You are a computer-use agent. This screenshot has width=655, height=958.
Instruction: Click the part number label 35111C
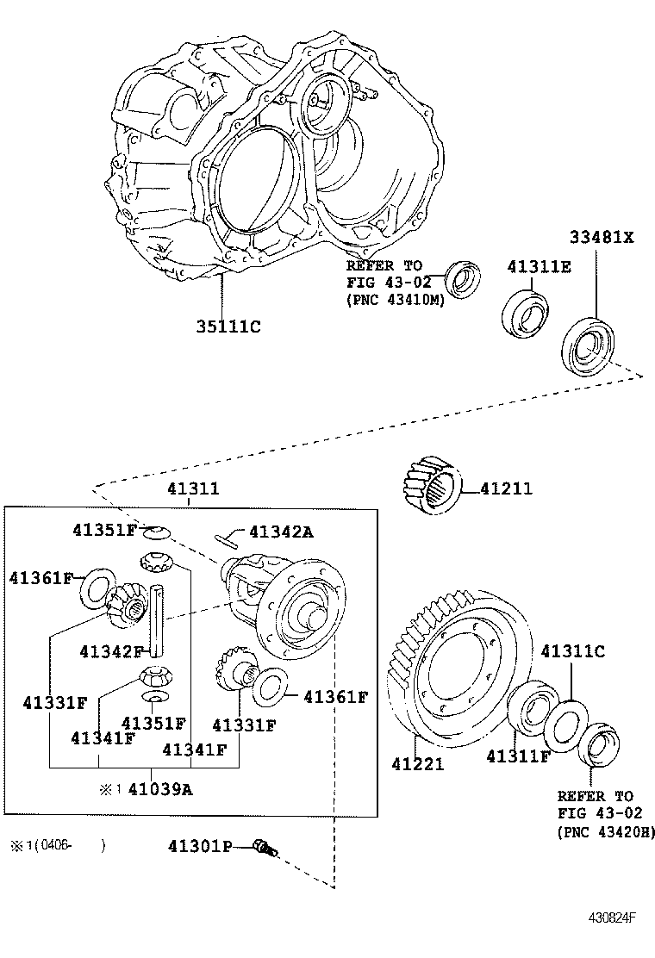coord(228,327)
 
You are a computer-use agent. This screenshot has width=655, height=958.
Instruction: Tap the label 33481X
coord(602,237)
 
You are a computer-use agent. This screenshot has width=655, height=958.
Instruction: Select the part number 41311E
coord(540,267)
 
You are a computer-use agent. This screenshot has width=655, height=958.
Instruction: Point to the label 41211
coord(507,488)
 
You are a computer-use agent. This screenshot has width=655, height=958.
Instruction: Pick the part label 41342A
coord(281,532)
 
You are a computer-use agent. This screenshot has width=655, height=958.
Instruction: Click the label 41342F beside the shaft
coord(112,652)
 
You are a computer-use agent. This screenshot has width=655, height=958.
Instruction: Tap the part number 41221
coord(418,763)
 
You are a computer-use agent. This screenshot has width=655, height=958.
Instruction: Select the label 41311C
coord(572,651)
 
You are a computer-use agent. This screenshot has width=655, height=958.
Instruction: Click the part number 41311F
coord(519,756)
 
